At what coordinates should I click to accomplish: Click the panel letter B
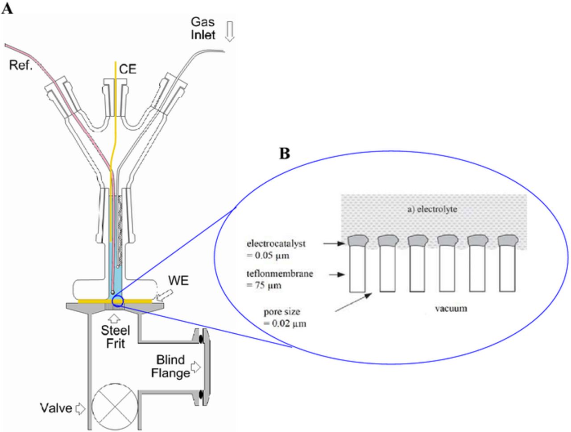click(x=285, y=153)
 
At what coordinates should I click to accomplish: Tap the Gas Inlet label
click(x=203, y=28)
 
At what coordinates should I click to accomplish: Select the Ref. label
click(x=21, y=66)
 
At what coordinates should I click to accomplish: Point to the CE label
click(x=128, y=69)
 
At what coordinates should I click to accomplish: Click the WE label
click(x=178, y=281)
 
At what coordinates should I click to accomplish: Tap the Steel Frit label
click(x=115, y=337)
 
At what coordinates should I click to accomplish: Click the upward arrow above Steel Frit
click(x=115, y=318)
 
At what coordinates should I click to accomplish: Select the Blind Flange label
click(x=170, y=366)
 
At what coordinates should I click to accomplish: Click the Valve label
click(x=56, y=408)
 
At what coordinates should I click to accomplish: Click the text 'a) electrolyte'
click(x=432, y=209)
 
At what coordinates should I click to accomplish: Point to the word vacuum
click(x=451, y=308)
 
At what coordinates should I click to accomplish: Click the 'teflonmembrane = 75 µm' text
click(x=280, y=279)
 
